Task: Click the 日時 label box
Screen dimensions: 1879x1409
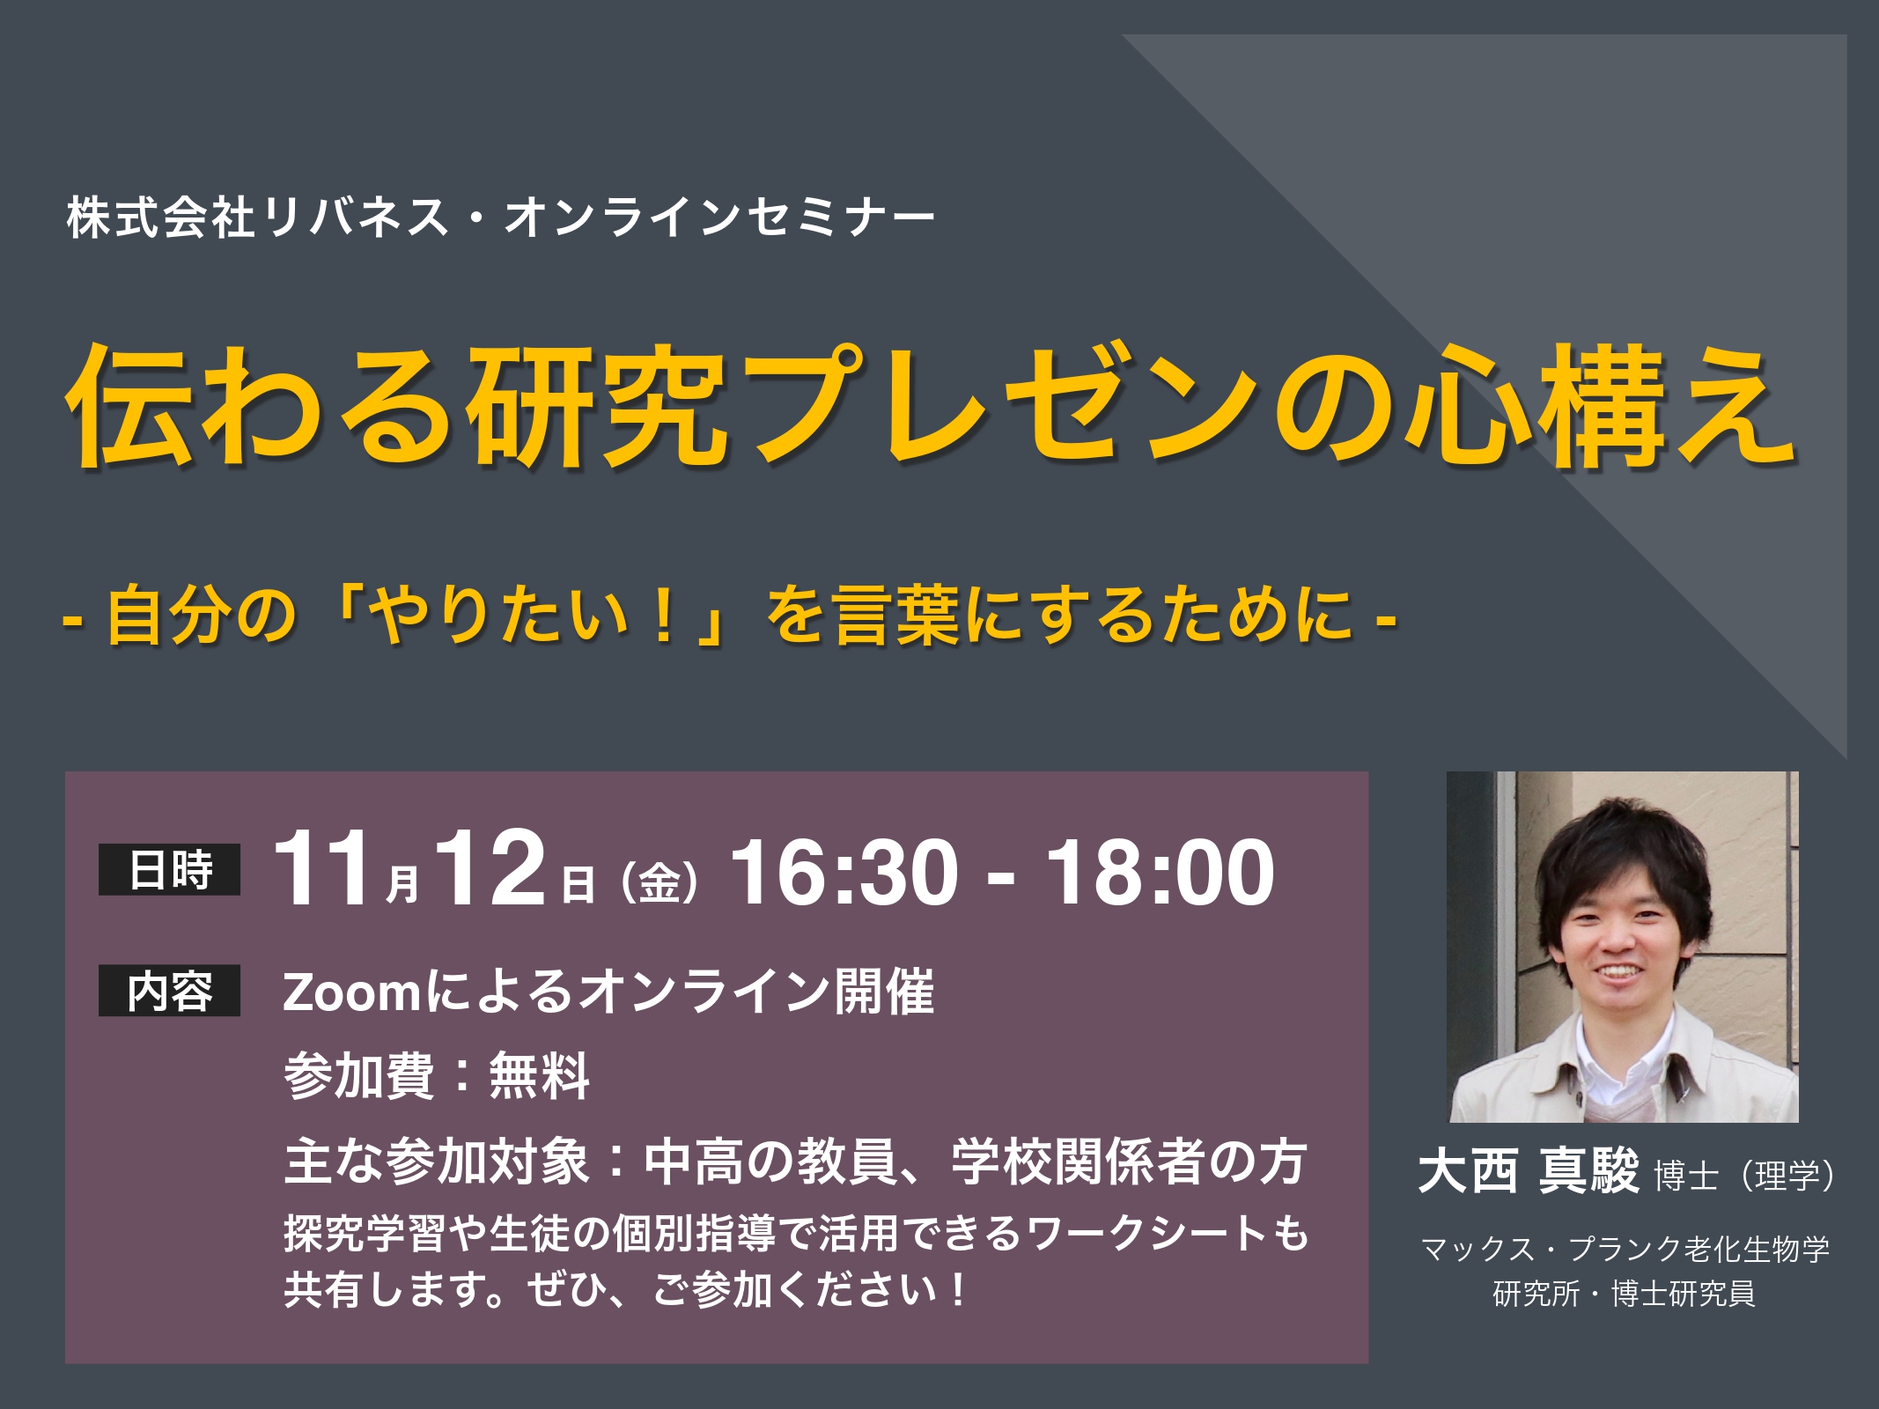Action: pyautogui.click(x=169, y=869)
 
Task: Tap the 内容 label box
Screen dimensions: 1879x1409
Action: pyautogui.click(x=169, y=991)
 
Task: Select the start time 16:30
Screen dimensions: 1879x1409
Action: pyautogui.click(x=844, y=872)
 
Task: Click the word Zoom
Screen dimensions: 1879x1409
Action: pyautogui.click(x=353, y=992)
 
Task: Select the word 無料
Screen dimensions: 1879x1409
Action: pyautogui.click(x=539, y=1076)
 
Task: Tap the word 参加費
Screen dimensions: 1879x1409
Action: pyautogui.click(x=359, y=1076)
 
